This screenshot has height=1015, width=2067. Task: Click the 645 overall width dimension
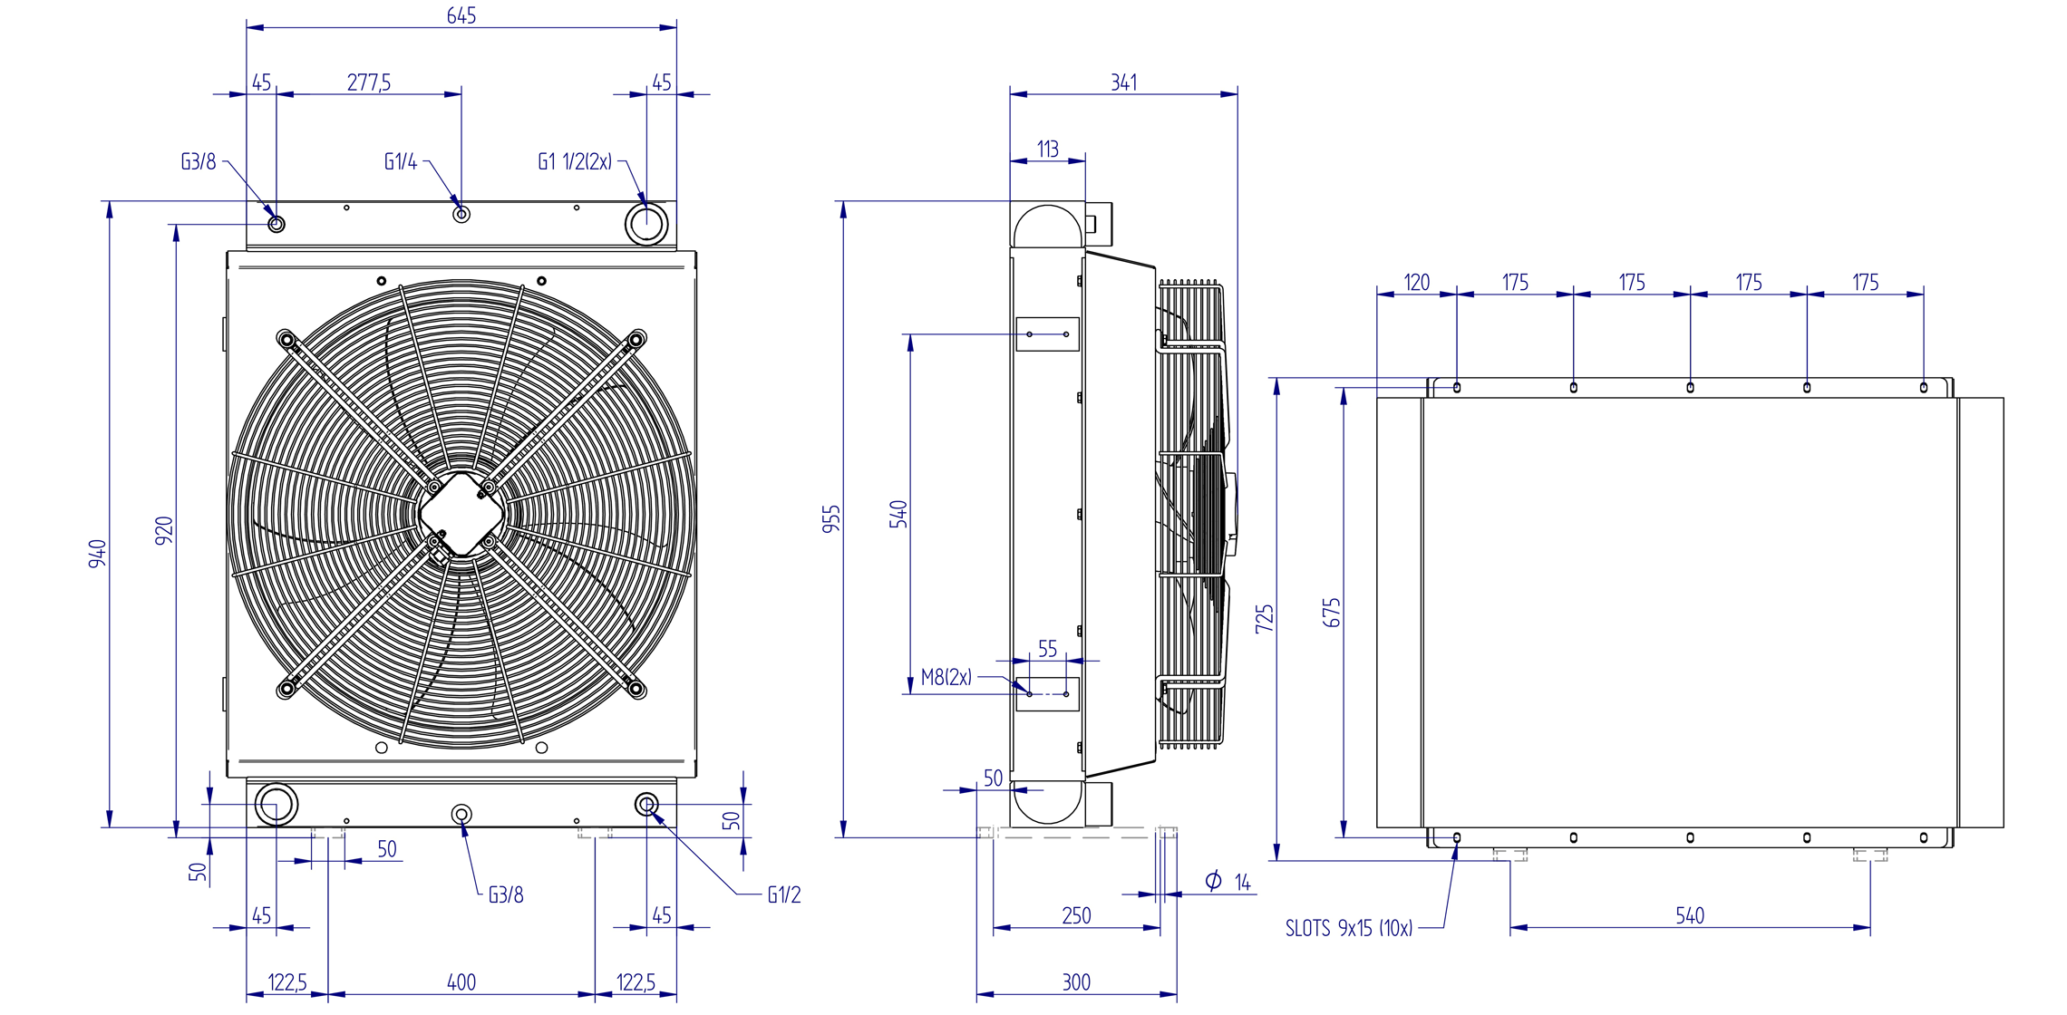[x=461, y=15]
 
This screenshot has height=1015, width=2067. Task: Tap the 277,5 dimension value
[x=369, y=82]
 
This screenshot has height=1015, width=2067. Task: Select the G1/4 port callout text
[x=401, y=161]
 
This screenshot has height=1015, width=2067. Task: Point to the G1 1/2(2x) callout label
[x=575, y=161]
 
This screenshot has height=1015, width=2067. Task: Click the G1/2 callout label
[x=784, y=894]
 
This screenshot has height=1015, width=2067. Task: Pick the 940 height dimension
[x=97, y=554]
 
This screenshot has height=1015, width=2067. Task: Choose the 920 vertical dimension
[x=164, y=530]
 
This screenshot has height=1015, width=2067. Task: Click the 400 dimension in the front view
[x=461, y=981]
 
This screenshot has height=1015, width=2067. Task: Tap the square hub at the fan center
[x=461, y=514]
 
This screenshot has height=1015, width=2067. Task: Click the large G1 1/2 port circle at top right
[x=646, y=223]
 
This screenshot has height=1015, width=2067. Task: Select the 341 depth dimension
[x=1124, y=82]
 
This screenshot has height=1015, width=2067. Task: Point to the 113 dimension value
[x=1048, y=149]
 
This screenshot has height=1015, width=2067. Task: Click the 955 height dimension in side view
[x=831, y=518]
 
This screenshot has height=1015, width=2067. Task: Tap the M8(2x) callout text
[x=946, y=677]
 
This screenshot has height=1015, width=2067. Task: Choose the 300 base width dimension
[x=1076, y=981]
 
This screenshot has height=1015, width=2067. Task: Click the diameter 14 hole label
[x=1228, y=881]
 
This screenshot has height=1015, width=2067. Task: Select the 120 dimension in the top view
[x=1417, y=282]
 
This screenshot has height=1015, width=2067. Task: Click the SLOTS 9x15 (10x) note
[x=1349, y=928]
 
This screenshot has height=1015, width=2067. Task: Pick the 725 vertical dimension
[x=1265, y=618]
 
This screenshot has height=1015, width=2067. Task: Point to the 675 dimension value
[x=1331, y=613]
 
